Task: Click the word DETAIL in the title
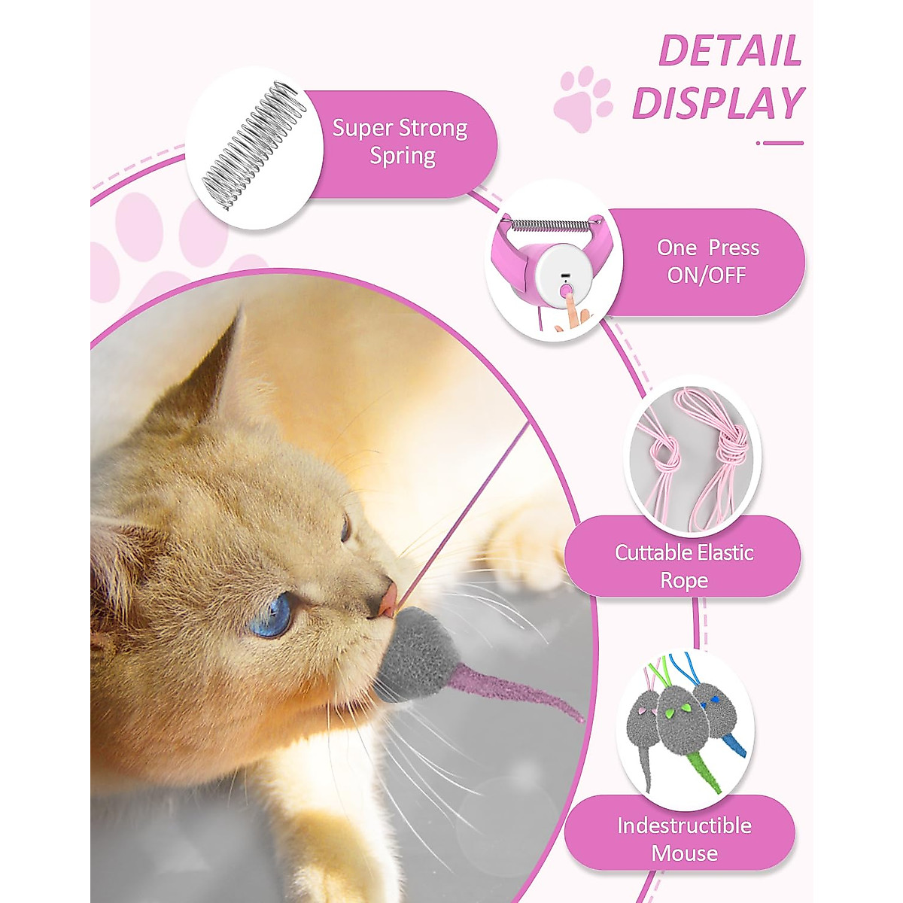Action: pyautogui.click(x=729, y=51)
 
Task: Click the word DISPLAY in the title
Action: pyautogui.click(x=718, y=104)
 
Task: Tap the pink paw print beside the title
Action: pyautogui.click(x=582, y=97)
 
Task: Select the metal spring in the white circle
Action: pyautogui.click(x=254, y=146)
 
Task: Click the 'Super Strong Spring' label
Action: pyautogui.click(x=401, y=142)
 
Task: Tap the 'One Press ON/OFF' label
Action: pyautogui.click(x=707, y=261)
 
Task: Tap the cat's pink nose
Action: pyautogui.click(x=388, y=599)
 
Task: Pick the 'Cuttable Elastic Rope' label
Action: pyautogui.click(x=683, y=566)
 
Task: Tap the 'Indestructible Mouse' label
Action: pyautogui.click(x=683, y=838)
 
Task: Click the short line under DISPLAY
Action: pyautogui.click(x=781, y=142)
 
